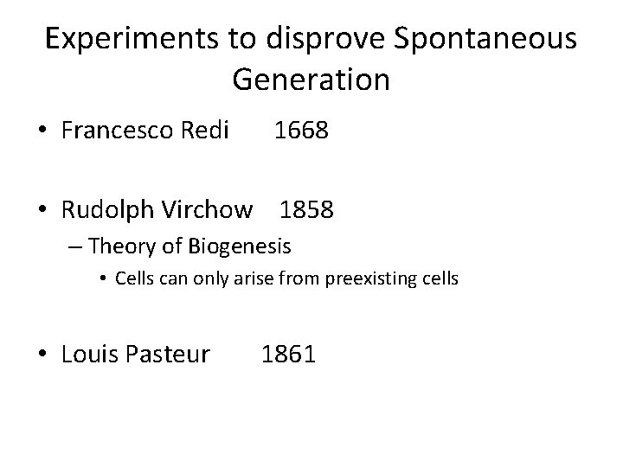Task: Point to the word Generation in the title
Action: tap(311, 80)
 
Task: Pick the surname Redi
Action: tap(204, 131)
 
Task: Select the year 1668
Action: tap(301, 131)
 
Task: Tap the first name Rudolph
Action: tap(108, 209)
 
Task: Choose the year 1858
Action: tap(307, 209)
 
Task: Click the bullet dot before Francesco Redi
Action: tap(41, 132)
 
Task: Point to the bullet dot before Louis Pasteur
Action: tap(41, 354)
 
